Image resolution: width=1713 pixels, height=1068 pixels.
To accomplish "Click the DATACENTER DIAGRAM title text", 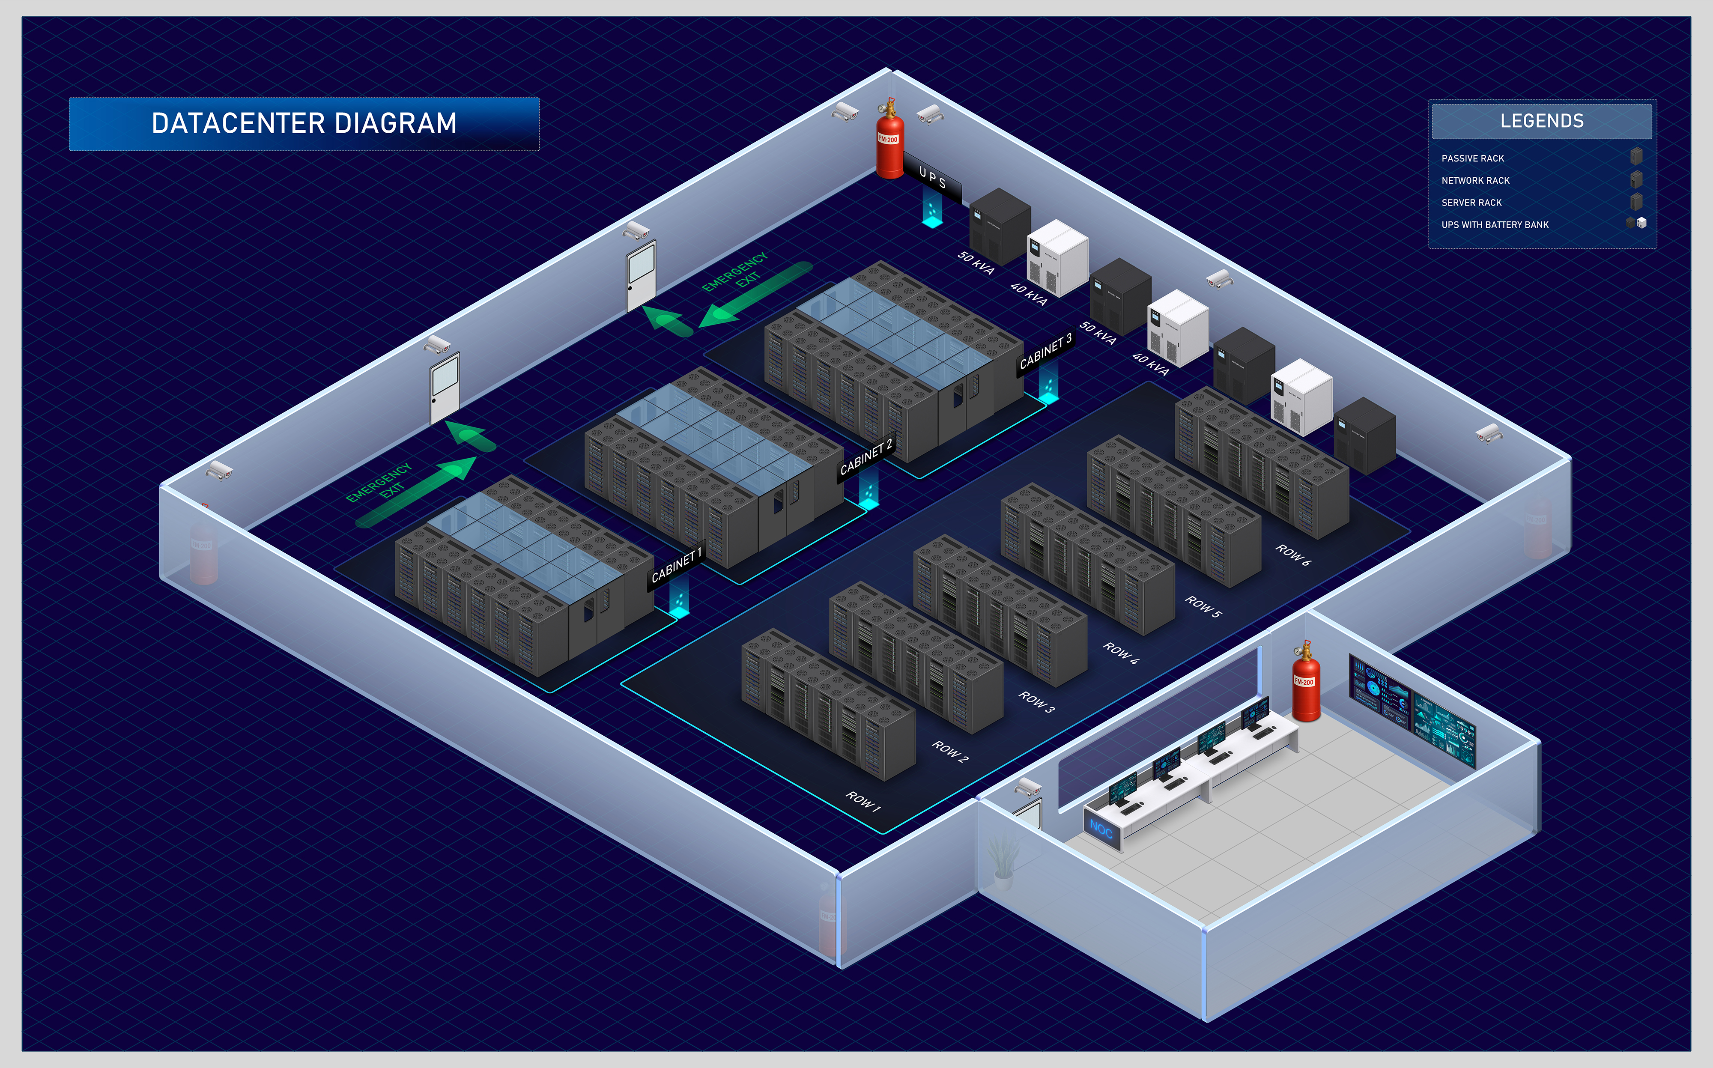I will (304, 124).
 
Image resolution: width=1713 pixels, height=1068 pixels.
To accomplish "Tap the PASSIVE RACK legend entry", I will (1472, 158).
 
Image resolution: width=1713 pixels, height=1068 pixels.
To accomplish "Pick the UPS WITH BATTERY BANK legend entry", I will (1495, 225).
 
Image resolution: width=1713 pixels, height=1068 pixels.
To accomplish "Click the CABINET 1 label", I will (676, 566).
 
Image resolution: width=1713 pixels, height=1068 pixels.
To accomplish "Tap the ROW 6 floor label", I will (1293, 555).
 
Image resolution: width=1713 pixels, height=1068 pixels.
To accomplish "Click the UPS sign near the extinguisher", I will (932, 178).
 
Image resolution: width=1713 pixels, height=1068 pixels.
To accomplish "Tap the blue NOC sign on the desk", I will (1101, 828).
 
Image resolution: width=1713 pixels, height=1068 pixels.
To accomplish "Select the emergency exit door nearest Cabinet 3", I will (641, 275).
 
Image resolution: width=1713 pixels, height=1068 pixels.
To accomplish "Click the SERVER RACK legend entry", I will (1471, 203).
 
